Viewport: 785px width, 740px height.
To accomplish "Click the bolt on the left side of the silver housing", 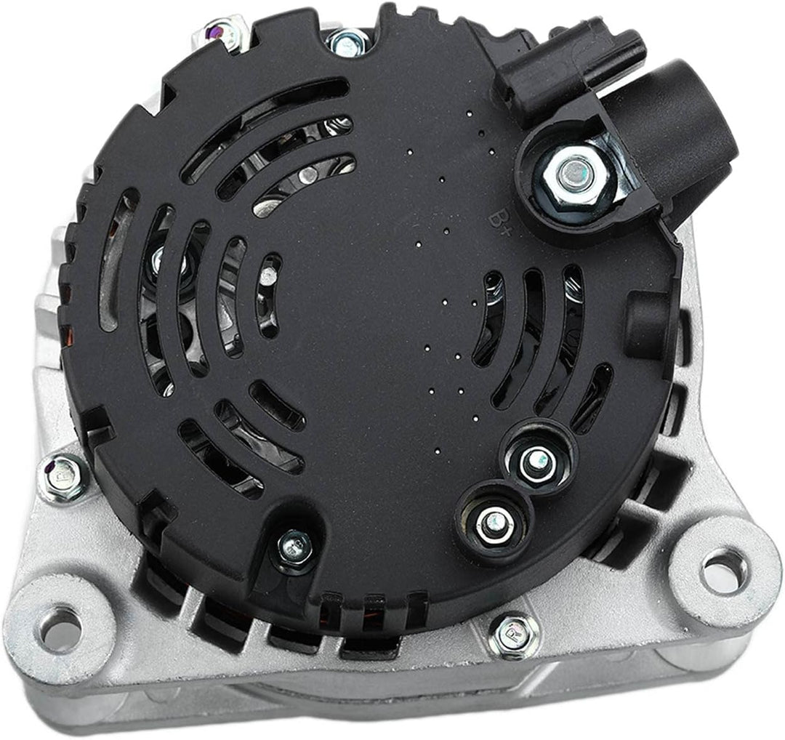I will coord(63,478).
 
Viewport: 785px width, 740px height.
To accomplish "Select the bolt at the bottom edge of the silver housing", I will coord(513,635).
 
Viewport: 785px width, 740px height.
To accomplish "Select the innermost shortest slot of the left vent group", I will coord(268,294).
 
